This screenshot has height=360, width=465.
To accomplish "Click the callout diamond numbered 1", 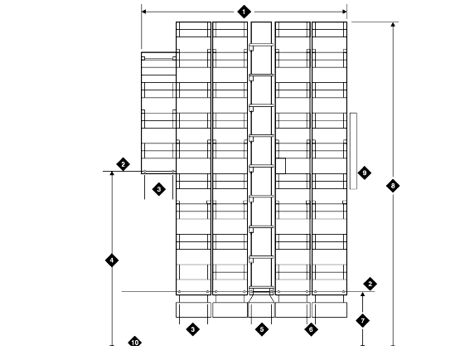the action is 244,12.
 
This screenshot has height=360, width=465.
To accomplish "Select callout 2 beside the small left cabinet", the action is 123,164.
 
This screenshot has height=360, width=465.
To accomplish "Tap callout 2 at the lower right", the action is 370,284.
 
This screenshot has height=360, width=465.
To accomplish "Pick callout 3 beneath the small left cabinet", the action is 158,189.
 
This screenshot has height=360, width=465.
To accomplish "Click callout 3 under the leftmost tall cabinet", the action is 193,329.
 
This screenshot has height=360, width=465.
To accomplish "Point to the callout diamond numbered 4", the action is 112,260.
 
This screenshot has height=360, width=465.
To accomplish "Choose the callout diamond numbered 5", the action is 262,329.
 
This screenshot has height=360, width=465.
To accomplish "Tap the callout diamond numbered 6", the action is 311,329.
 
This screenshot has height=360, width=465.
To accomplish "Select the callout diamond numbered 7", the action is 362,320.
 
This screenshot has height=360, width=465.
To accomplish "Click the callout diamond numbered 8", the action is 393,186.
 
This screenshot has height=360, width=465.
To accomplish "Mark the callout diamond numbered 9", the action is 364,173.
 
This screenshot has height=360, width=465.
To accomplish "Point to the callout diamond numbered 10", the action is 134,343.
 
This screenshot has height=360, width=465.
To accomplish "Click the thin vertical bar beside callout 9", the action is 353,151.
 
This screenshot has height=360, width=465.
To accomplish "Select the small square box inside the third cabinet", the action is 280,166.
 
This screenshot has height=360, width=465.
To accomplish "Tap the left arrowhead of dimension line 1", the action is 144,12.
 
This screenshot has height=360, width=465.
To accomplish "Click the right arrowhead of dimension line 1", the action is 344,12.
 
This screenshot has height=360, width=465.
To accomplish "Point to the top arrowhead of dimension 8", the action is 393,24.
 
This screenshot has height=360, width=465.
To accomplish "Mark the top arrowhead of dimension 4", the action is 112,174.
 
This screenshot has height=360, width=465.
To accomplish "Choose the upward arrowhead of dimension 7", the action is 362,294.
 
